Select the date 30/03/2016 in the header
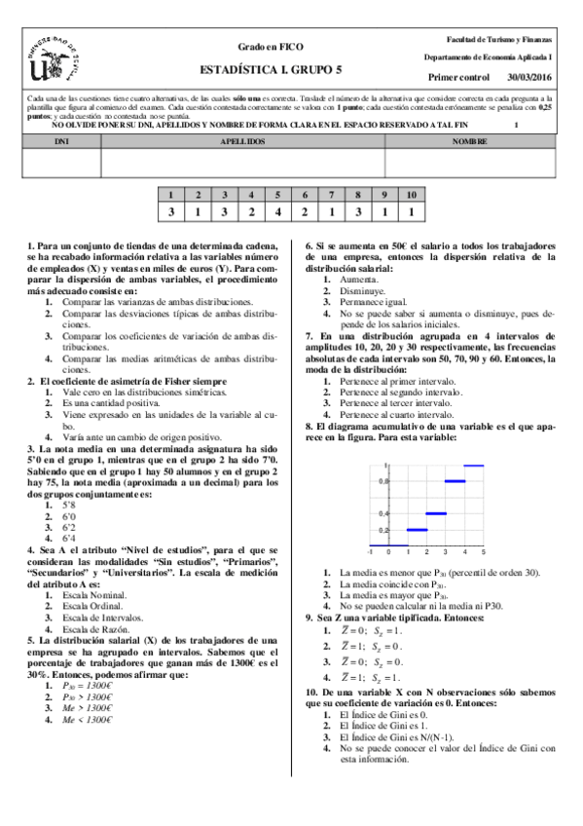[x=528, y=76]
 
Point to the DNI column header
[x=61, y=141]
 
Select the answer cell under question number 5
[x=277, y=211]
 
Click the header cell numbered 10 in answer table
[x=412, y=195]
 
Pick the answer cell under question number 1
[x=170, y=211]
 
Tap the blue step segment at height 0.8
[x=455, y=480]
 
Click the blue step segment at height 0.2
[x=417, y=530]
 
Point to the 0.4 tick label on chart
[x=385, y=513]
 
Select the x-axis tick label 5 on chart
[x=484, y=552]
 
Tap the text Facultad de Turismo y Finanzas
[x=498, y=39]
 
